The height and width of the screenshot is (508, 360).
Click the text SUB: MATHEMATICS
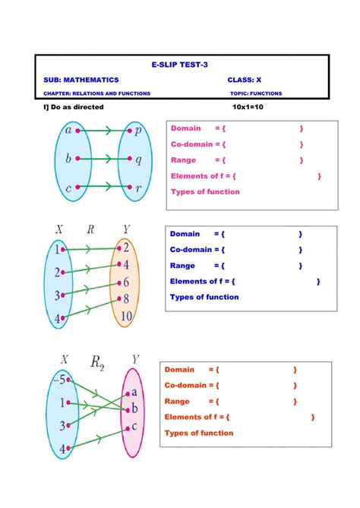pyautogui.click(x=81, y=80)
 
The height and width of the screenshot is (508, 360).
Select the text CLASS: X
pyautogui.click(x=244, y=80)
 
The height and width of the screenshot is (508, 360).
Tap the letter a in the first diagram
pyautogui.click(x=68, y=131)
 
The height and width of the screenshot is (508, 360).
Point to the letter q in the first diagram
pyautogui.click(x=138, y=159)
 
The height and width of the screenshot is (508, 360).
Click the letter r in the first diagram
pyautogui.click(x=138, y=188)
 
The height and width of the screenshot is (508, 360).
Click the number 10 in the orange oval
pyautogui.click(x=126, y=317)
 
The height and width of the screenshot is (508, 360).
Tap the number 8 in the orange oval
pyautogui.click(x=126, y=300)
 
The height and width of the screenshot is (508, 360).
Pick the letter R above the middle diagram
pyautogui.click(x=90, y=229)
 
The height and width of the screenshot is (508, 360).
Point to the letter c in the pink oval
pyautogui.click(x=134, y=426)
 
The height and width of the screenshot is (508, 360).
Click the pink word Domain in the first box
pyautogui.click(x=185, y=128)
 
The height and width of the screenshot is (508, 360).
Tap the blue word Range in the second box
pyautogui.click(x=182, y=266)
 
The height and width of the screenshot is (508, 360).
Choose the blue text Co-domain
pyautogui.click(x=191, y=249)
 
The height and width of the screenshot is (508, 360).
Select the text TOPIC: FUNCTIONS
pyautogui.click(x=256, y=93)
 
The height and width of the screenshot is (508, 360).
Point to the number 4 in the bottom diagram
pyautogui.click(x=63, y=450)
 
